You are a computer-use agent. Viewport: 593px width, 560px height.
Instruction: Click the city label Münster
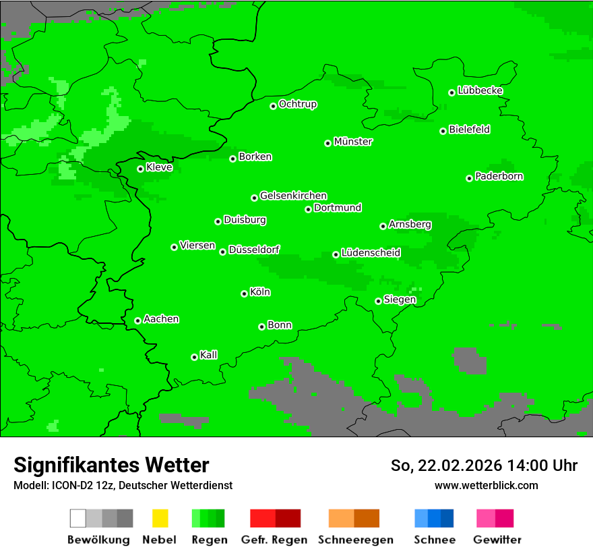pyautogui.click(x=353, y=142)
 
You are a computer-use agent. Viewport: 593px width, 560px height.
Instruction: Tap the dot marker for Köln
pyautogui.click(x=244, y=293)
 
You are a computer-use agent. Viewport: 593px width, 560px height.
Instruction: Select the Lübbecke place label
pyautogui.click(x=480, y=90)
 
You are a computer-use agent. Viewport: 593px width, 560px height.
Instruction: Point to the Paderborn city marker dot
pyautogui.click(x=469, y=178)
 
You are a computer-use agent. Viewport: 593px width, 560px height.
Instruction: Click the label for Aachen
pyautogui.click(x=161, y=319)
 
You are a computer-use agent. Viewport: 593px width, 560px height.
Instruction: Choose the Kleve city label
pyautogui.click(x=159, y=167)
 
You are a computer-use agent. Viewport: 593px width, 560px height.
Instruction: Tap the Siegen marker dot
pyautogui.click(x=378, y=301)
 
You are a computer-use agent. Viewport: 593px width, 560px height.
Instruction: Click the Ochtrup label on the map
pyautogui.click(x=297, y=105)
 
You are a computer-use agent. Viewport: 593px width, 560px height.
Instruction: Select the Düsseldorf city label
pyautogui.click(x=253, y=250)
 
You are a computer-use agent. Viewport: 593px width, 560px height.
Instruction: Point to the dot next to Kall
pyautogui.click(x=194, y=357)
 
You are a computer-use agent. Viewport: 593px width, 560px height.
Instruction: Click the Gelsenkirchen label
pyautogui.click(x=293, y=196)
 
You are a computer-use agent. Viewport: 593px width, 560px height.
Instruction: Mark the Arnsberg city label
pyautogui.click(x=410, y=225)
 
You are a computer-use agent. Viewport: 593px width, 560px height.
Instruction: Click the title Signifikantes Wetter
pyautogui.click(x=111, y=465)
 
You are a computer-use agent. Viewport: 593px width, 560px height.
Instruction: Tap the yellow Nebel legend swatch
pyautogui.click(x=160, y=518)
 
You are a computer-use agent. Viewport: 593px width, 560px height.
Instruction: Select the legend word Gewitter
pyautogui.click(x=497, y=540)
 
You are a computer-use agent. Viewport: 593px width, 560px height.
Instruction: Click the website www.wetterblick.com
pyautogui.click(x=486, y=485)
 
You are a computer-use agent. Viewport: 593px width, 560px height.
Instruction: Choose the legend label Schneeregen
pyautogui.click(x=355, y=540)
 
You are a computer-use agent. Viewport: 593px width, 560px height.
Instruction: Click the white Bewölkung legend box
pyautogui.click(x=78, y=518)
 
